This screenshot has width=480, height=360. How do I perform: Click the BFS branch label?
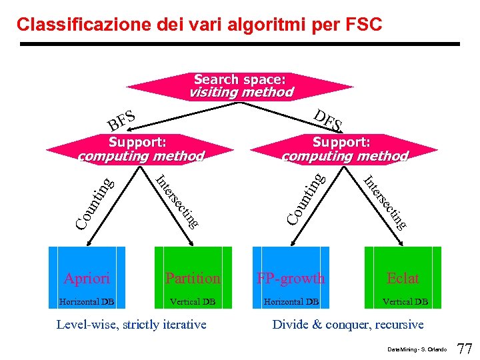pos(123,120)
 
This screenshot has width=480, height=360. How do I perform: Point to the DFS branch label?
pos(328,119)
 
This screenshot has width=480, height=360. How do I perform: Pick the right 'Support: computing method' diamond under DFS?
pos(344,149)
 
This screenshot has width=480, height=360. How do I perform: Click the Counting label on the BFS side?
pos(94,202)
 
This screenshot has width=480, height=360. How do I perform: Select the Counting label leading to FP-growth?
pos(306,198)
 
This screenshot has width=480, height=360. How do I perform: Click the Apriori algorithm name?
pos(87,278)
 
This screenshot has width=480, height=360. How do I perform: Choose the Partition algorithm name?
pos(193,278)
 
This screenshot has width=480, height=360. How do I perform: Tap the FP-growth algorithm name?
pos(291,278)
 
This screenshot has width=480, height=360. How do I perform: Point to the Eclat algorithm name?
pos(403,278)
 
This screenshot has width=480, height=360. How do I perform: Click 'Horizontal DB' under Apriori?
pos(87,302)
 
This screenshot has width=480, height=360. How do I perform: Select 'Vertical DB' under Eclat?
pos(405,302)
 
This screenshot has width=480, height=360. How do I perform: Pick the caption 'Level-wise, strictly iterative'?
pos(131,325)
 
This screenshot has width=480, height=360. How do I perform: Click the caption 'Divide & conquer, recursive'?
pos(347,325)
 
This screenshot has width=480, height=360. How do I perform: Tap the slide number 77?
pos(464,348)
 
